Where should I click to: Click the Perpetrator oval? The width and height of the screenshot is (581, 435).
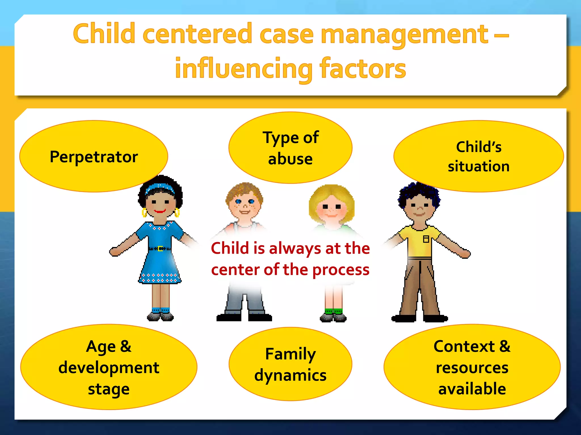coord(94,156)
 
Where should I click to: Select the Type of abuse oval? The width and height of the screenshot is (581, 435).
coord(290,148)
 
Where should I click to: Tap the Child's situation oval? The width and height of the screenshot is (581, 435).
coord(479,156)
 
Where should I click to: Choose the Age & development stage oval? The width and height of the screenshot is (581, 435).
coord(109,367)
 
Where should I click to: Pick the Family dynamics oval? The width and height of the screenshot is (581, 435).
coord(290,364)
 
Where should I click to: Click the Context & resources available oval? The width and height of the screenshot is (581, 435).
coord(472,367)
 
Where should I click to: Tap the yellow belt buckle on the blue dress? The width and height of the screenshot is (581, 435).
coord(160,249)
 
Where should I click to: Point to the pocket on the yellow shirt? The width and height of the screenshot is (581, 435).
coord(426,239)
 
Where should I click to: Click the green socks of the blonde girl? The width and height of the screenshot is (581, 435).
coord(334,312)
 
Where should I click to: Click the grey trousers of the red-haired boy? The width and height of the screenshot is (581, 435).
coord(245,300)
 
